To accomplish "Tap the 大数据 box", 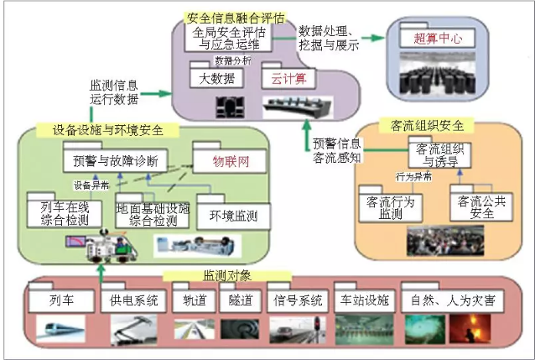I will [x=216, y=79].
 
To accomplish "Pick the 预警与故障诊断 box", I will [x=116, y=159].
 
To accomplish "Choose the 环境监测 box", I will [x=226, y=216].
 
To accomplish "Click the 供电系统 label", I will [x=128, y=300].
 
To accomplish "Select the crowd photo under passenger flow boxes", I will [x=434, y=240].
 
